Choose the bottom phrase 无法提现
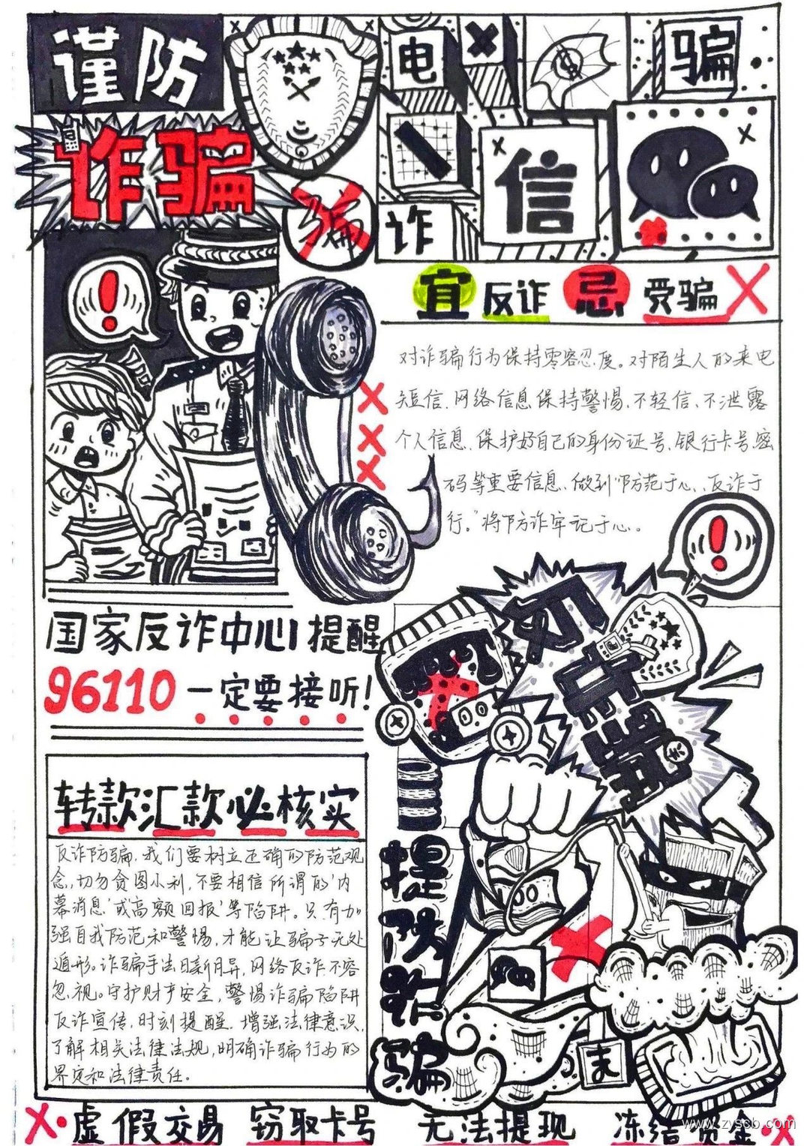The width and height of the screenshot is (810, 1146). pyautogui.click(x=496, y=1124)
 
